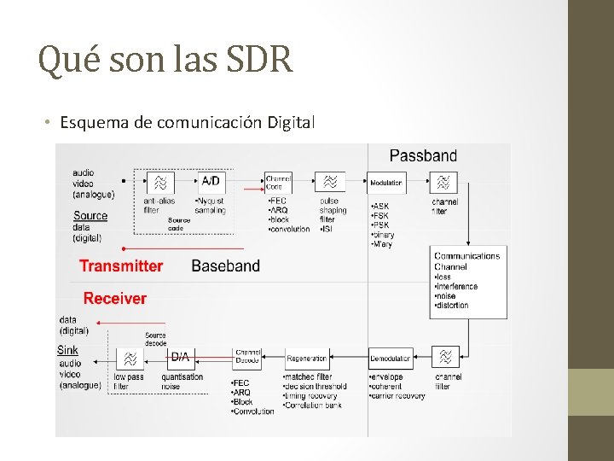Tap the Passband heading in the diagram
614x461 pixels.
(x=423, y=155)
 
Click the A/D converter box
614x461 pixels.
(x=210, y=181)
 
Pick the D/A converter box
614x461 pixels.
(x=180, y=356)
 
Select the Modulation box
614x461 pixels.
(x=386, y=182)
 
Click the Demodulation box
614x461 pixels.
(x=391, y=359)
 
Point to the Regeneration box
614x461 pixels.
(x=307, y=359)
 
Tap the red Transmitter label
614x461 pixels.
(x=121, y=266)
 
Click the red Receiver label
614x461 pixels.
(x=115, y=298)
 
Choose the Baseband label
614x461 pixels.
(x=226, y=266)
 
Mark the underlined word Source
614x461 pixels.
(x=90, y=215)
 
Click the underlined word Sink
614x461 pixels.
(x=68, y=349)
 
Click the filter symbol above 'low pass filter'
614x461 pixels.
(x=130, y=359)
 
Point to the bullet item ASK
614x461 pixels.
(x=380, y=206)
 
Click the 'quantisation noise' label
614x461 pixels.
(x=182, y=382)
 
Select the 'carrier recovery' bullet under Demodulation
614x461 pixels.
(x=397, y=396)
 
